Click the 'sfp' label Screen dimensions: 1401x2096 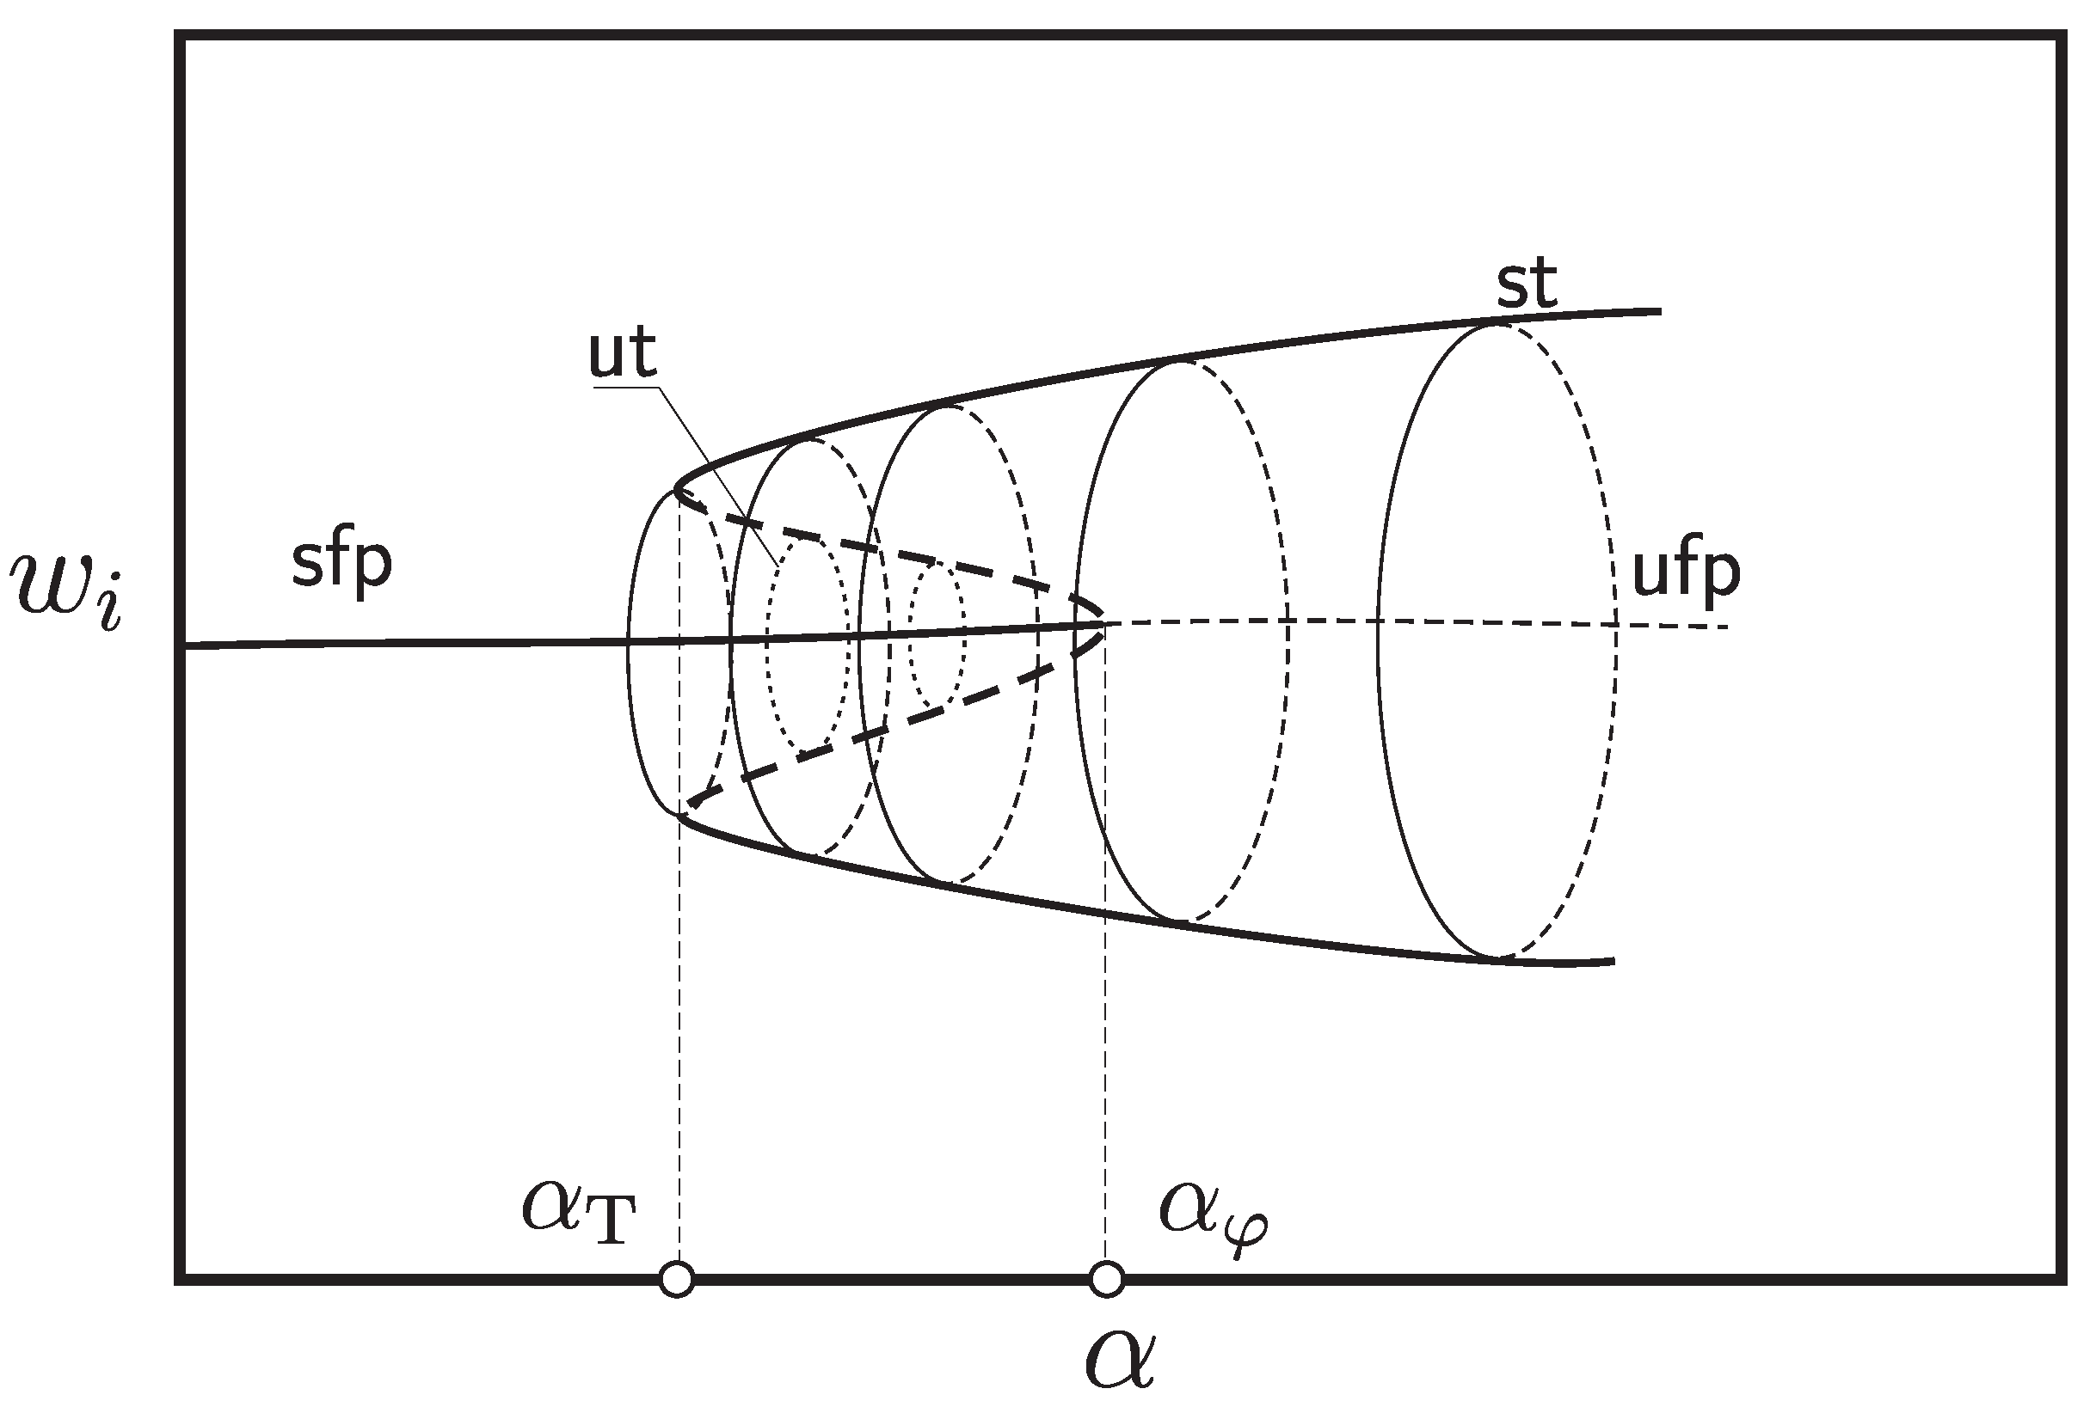tap(341, 563)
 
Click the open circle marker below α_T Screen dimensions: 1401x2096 tap(677, 1280)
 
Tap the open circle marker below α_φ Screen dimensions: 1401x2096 tap(1107, 1280)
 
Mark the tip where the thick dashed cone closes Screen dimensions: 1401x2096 tap(1104, 623)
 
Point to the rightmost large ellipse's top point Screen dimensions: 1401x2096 tap(1498, 323)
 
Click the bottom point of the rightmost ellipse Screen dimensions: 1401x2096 tap(1498, 957)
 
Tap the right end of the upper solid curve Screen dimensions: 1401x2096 tap(1659, 311)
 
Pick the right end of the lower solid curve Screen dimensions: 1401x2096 tap(1613, 962)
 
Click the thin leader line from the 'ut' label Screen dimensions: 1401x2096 tap(715, 474)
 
